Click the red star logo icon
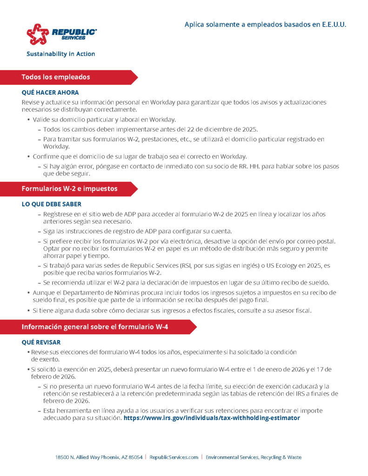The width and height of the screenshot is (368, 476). (38, 34)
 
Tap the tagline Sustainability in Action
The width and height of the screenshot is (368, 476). (60, 54)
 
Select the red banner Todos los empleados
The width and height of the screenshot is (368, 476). (56, 77)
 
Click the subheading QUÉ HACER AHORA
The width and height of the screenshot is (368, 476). (50, 93)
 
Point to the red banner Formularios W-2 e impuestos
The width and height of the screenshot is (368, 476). (69, 189)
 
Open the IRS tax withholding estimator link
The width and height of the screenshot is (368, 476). (212, 418)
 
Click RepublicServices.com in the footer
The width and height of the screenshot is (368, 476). (174, 457)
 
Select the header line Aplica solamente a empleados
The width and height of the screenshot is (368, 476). (265, 24)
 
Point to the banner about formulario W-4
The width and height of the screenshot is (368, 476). (95, 327)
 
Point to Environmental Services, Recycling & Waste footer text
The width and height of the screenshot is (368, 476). (254, 457)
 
